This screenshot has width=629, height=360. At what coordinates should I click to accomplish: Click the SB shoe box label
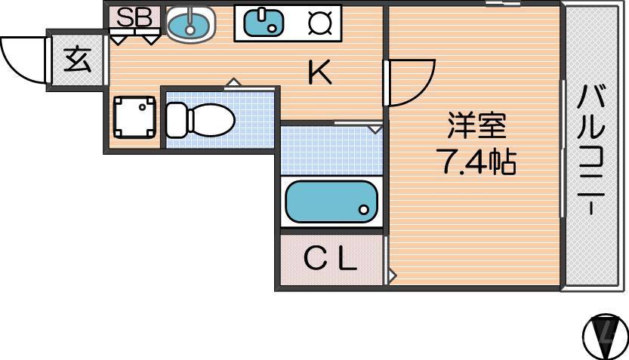tap(134, 17)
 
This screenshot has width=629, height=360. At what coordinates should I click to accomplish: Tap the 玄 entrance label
tap(76, 60)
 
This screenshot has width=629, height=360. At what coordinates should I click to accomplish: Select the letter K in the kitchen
tap(319, 72)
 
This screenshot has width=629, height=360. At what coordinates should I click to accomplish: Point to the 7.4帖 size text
tap(476, 161)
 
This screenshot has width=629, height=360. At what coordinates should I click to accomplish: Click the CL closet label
tap(330, 260)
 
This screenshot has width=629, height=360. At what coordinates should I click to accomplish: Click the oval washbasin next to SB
tap(190, 25)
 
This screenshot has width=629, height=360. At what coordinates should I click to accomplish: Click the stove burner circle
tap(320, 23)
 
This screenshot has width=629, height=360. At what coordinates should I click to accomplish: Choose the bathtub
tap(330, 202)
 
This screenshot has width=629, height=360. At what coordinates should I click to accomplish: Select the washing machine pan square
tap(134, 118)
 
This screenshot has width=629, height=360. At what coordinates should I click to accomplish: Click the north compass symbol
tap(605, 334)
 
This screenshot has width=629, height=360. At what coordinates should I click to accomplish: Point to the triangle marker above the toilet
tap(234, 82)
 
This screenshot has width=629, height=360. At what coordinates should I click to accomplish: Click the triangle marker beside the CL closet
tap(390, 275)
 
